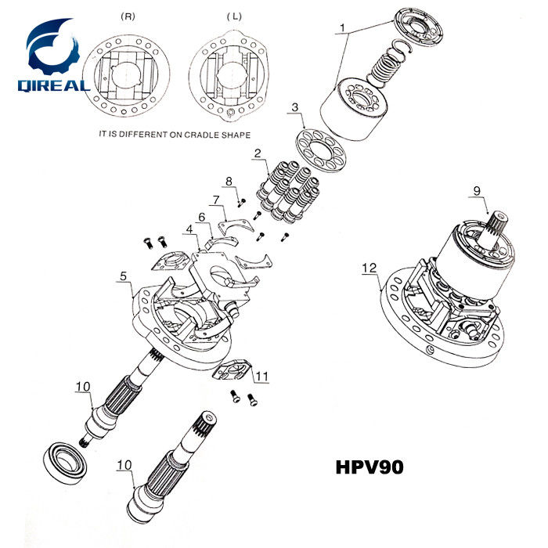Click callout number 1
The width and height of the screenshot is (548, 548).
[342, 29]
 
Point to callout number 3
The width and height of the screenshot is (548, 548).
[295, 106]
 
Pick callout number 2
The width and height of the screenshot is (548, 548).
[257, 153]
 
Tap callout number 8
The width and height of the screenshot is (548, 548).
[229, 182]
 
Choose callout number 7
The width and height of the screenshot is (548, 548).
[216, 200]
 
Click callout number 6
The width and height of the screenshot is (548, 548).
[201, 216]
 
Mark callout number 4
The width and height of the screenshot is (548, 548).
[188, 230]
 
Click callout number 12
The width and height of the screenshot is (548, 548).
[367, 268]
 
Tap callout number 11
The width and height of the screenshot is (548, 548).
[261, 377]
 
